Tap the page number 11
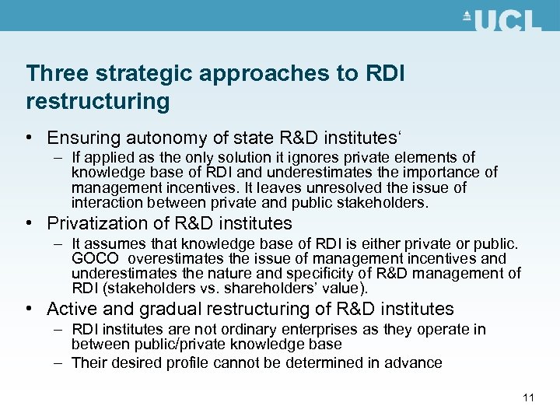[529, 398]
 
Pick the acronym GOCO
[95, 258]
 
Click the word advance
[415, 362]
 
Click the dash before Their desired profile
[59, 362]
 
